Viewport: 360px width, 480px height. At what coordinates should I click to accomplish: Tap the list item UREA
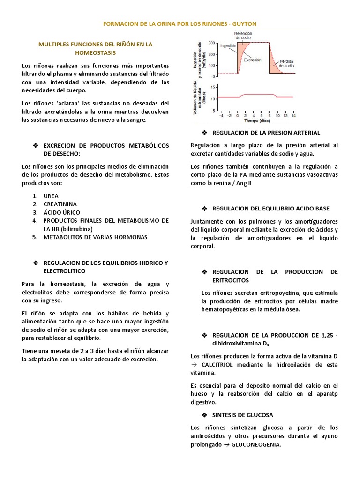51,195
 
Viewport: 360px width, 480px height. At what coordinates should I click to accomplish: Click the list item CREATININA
60,204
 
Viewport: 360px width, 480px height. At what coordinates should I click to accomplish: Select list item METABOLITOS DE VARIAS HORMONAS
95,237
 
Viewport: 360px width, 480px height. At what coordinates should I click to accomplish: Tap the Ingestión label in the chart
228,46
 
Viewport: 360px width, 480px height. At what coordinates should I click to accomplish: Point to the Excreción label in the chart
252,60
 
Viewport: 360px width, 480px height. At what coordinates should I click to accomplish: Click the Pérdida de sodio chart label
286,64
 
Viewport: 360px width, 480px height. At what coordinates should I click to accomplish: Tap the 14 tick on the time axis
293,115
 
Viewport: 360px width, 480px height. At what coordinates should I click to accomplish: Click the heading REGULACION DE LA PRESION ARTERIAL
266,133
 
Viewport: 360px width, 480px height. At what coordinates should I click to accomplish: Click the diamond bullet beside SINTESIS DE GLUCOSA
204,415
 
